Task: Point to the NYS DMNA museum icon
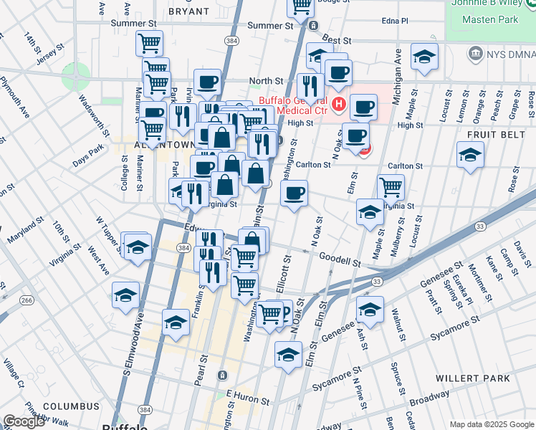(474, 54)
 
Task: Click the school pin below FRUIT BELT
(470, 155)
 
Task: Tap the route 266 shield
(27, 300)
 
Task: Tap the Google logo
(24, 421)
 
